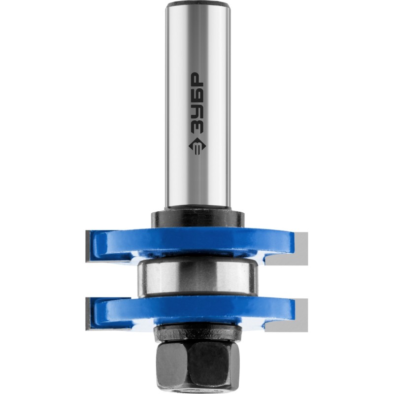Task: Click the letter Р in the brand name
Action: click(x=198, y=80)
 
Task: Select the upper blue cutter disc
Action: click(x=194, y=242)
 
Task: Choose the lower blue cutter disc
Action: click(x=194, y=312)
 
